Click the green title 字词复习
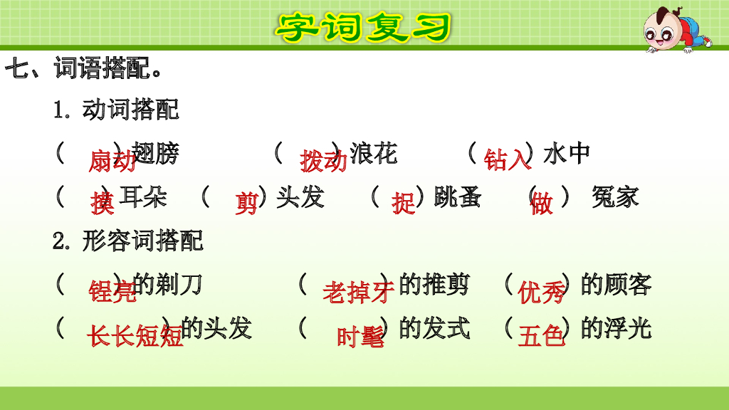click(364, 27)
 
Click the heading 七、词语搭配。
click(84, 70)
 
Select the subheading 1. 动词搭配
click(116, 110)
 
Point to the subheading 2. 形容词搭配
click(128, 241)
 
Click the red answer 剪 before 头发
click(246, 204)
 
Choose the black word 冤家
click(615, 196)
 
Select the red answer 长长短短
click(135, 336)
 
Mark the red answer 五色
click(541, 336)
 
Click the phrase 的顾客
click(616, 285)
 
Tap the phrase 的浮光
click(616, 328)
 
